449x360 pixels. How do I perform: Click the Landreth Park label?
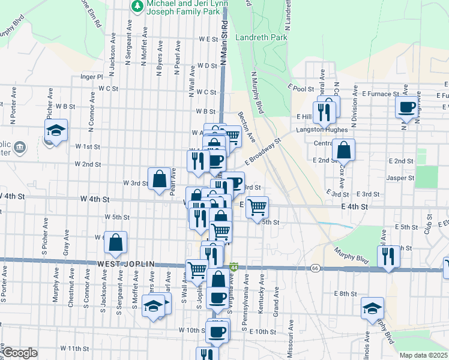pos(262,37)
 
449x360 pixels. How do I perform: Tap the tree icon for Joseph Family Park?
pos(136,5)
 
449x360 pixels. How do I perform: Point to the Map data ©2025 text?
pos(423,355)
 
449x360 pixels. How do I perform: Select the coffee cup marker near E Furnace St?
pos(407,107)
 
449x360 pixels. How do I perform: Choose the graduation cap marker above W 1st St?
pos(56,130)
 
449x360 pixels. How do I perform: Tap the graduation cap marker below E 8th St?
pos(373,308)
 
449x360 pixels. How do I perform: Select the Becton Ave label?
pos(246,126)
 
